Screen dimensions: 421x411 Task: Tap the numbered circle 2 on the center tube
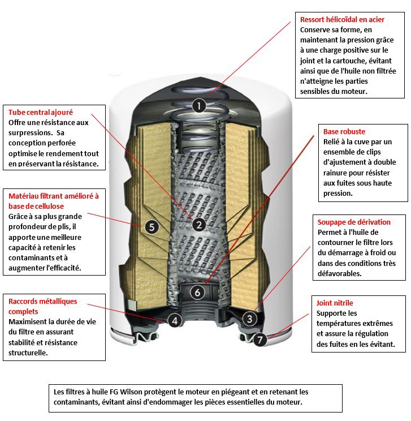click(198, 225)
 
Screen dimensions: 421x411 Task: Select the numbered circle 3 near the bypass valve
click(249, 319)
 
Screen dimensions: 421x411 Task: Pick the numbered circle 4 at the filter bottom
click(175, 321)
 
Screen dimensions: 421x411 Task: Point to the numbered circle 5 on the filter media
click(150, 227)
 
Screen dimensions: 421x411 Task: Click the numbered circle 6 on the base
click(197, 293)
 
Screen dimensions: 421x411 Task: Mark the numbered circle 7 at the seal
click(259, 340)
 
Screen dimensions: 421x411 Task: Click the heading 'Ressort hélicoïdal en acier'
click(342, 20)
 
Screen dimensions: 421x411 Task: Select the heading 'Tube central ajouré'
click(41, 113)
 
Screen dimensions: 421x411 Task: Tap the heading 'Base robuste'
click(344, 132)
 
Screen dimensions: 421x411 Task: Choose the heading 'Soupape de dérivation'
click(353, 222)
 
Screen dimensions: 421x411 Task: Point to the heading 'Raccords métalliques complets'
click(42, 306)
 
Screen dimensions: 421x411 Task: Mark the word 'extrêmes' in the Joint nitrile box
click(376, 324)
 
